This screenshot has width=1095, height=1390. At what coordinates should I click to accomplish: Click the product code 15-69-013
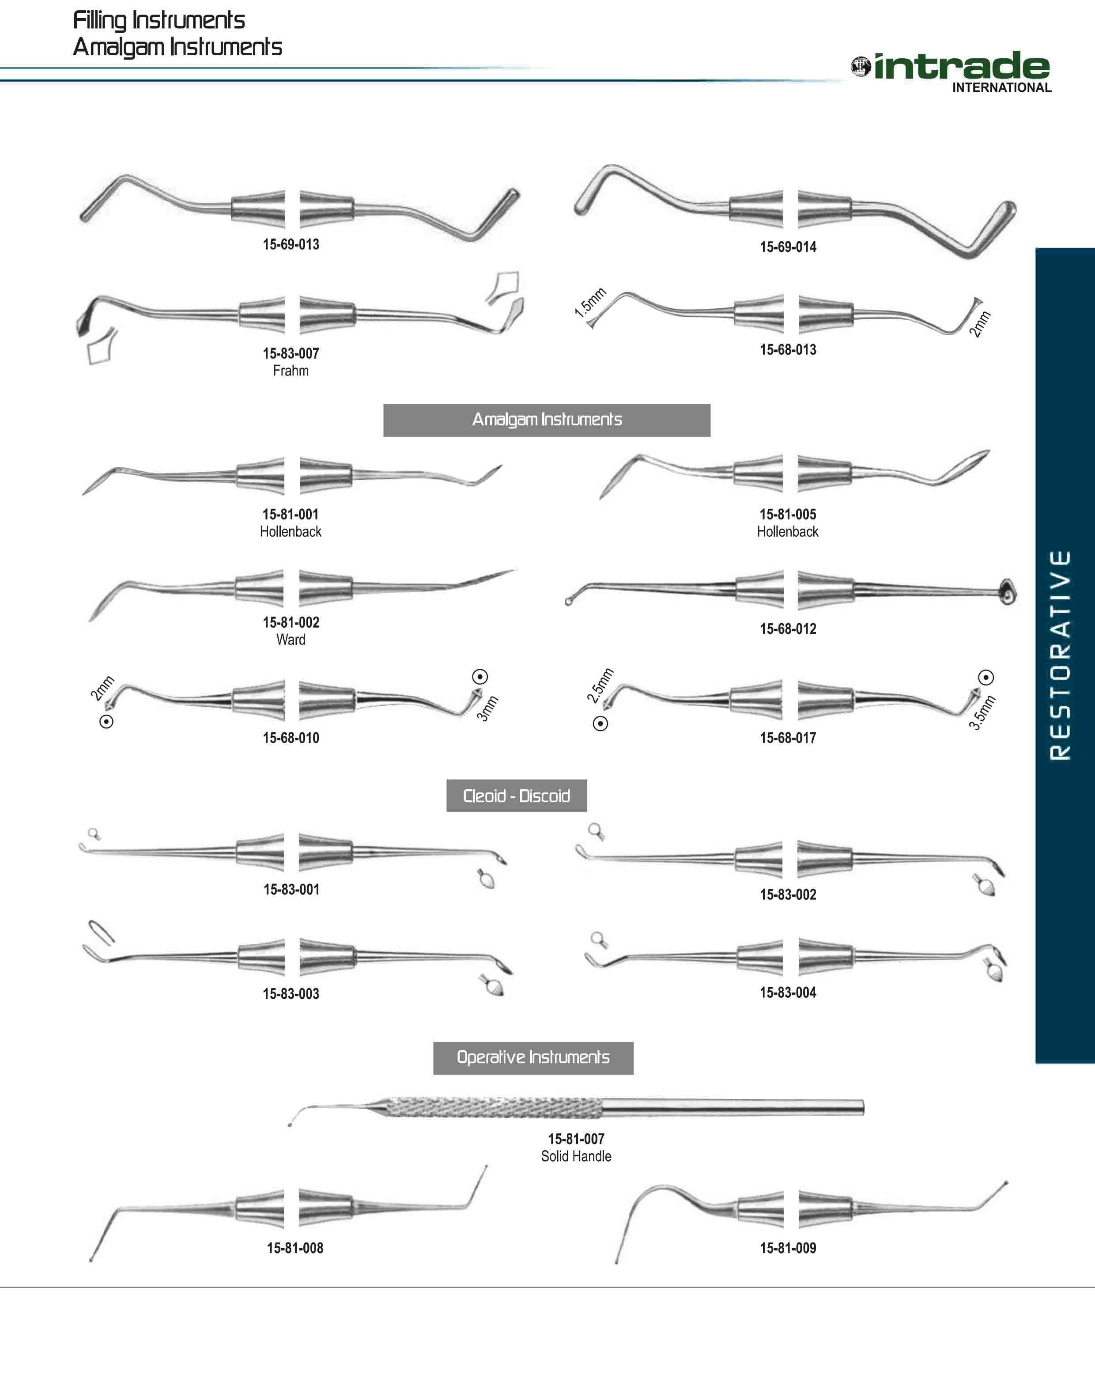click(291, 244)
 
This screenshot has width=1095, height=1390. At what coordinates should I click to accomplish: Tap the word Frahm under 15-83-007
click(291, 371)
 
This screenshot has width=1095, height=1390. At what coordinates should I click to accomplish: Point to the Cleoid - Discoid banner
click(516, 795)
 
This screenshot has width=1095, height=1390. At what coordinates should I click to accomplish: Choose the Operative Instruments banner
click(533, 1057)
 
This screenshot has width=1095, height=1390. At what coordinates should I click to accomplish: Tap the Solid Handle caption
click(576, 1156)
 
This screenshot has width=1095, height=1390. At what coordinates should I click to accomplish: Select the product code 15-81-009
click(788, 1248)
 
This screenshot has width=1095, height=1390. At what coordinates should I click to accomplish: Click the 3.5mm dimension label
click(982, 712)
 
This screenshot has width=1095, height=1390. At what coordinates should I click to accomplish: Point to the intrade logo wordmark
click(961, 66)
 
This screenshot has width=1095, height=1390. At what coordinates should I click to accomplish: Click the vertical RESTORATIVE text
click(1061, 655)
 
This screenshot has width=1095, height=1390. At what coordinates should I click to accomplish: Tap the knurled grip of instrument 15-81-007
click(494, 1107)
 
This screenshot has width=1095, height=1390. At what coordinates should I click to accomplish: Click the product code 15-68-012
click(788, 629)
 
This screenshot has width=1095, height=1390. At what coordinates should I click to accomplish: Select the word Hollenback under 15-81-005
click(787, 531)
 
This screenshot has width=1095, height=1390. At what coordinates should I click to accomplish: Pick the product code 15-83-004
click(788, 992)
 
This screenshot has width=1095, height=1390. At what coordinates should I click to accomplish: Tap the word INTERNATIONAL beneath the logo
click(1001, 88)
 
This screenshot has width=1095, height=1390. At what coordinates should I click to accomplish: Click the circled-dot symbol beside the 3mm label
click(480, 676)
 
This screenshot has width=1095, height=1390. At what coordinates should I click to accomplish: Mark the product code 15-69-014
click(788, 247)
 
